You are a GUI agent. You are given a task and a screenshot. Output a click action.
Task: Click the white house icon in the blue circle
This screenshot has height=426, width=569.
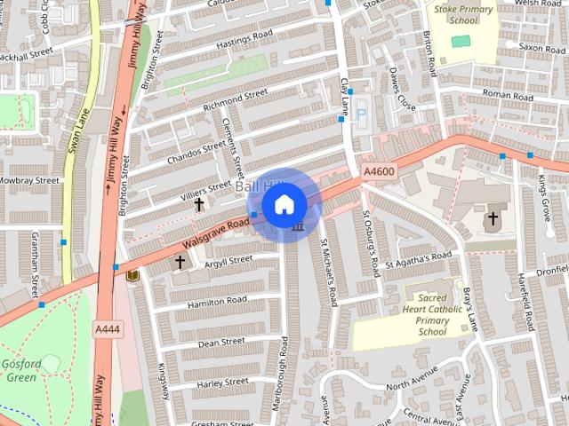click(x=284, y=204)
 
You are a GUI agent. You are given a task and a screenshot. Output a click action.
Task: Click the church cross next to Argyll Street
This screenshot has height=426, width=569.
click(x=180, y=263)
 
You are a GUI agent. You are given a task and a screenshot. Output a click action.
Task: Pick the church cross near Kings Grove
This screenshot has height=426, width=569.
click(x=493, y=218)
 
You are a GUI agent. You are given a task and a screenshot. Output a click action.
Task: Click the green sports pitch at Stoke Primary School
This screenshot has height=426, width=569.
click(x=460, y=41)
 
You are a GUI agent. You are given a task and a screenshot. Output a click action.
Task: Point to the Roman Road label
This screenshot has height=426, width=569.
click(x=507, y=93)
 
